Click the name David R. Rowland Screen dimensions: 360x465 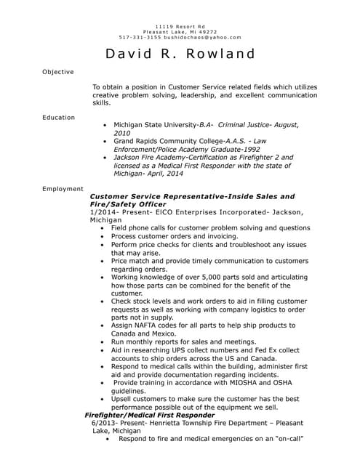(x=180, y=54)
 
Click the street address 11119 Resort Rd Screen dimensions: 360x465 (x=180, y=25)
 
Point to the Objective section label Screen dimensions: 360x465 (x=57, y=72)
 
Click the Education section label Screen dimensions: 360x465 (x=58, y=117)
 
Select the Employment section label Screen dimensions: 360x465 (x=63, y=189)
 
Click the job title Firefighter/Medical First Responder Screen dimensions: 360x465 (x=145, y=414)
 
